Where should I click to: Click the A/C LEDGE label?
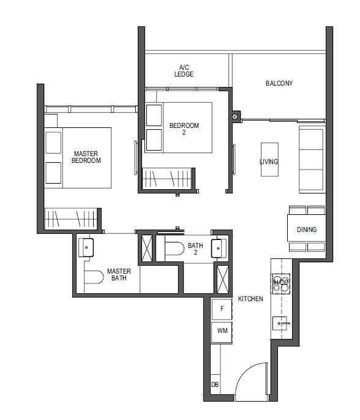point(184,70)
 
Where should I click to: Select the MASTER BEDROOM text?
point(86,157)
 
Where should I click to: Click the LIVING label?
point(269,162)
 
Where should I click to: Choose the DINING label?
point(307,230)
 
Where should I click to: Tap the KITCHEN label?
point(251,299)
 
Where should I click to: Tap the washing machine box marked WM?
point(222,331)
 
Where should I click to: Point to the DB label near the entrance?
point(215,384)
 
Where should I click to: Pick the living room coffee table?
point(269,160)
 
